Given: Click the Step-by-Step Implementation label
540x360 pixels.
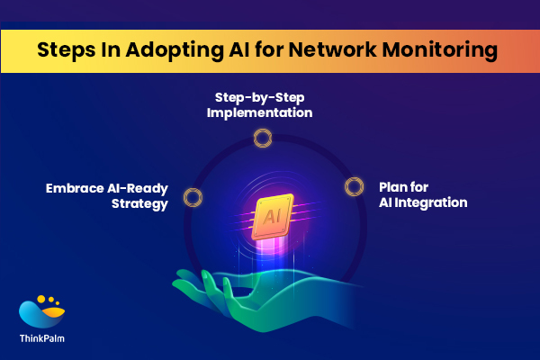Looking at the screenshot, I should tap(263, 104).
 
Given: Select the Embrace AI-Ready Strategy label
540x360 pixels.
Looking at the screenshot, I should tap(107, 196).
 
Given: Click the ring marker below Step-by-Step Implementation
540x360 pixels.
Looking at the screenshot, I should tap(262, 137).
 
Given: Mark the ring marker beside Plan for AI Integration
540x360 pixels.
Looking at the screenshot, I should tap(353, 187).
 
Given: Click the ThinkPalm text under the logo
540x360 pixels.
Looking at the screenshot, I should tap(42, 340).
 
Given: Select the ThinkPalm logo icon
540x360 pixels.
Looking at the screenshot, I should tap(41, 310).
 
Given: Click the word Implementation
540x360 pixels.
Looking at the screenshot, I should tap(263, 112).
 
